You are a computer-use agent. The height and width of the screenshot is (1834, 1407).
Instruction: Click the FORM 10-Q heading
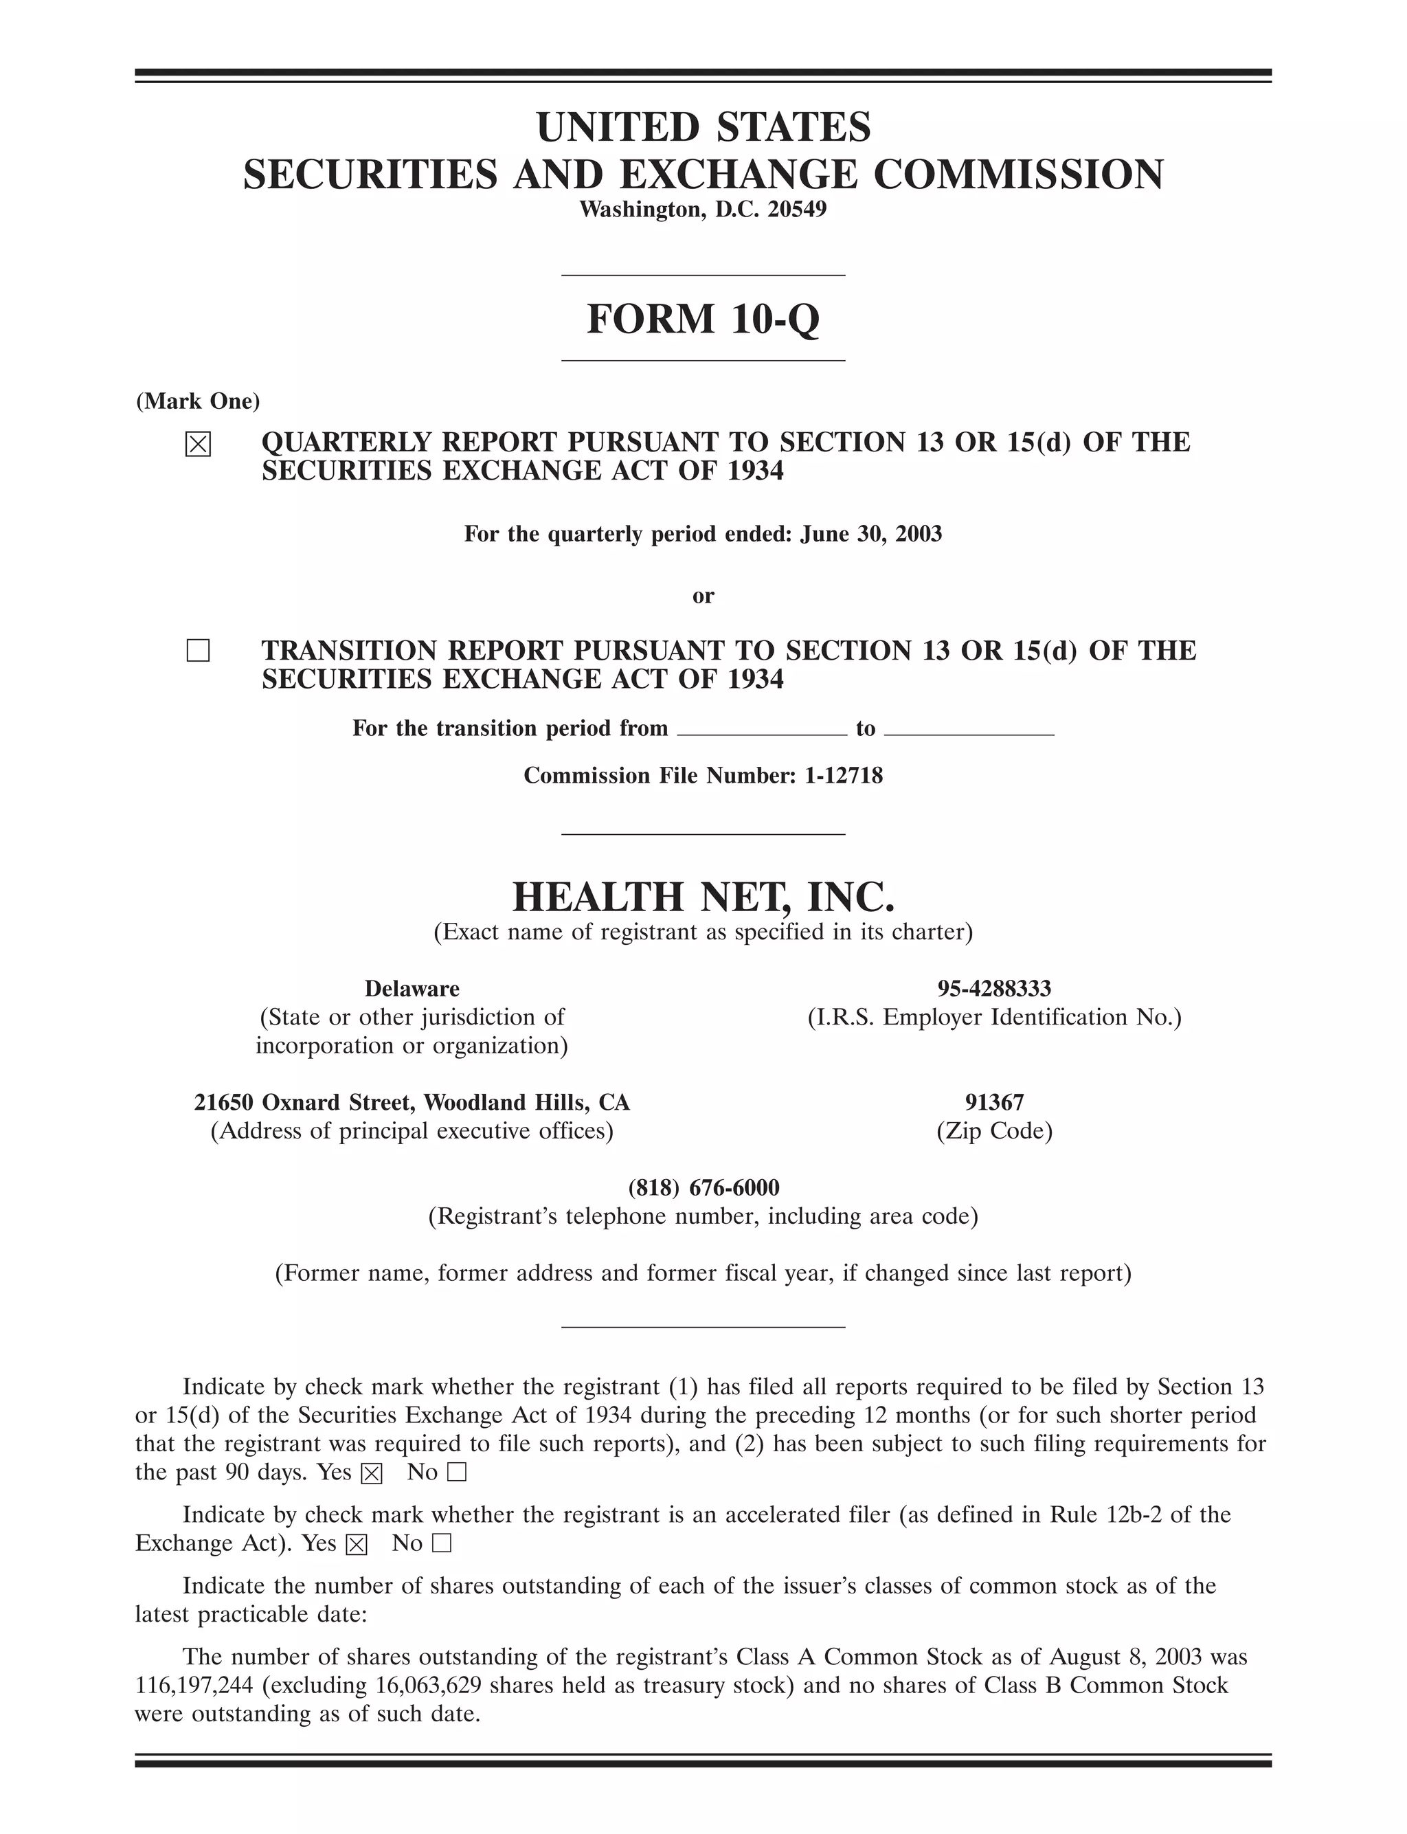point(703,319)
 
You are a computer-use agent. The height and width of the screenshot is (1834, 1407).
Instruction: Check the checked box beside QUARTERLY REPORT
point(198,444)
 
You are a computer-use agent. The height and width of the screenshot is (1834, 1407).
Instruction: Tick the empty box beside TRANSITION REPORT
point(198,651)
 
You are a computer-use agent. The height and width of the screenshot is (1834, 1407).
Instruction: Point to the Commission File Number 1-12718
point(844,776)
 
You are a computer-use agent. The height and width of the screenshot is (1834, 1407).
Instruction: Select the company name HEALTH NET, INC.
point(703,897)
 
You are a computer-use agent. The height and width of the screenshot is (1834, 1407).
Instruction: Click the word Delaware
point(412,989)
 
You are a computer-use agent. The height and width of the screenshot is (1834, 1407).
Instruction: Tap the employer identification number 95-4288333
point(994,989)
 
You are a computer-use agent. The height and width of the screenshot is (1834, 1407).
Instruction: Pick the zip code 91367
point(994,1102)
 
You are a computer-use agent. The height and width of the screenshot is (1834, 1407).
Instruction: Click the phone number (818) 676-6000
point(703,1187)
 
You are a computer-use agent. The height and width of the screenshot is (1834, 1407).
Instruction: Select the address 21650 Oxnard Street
point(306,1102)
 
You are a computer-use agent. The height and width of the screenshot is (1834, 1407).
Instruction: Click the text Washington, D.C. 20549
point(703,210)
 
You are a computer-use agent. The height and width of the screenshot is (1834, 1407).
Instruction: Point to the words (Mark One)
point(199,401)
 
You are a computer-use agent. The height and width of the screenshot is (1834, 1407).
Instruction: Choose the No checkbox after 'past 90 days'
point(456,1473)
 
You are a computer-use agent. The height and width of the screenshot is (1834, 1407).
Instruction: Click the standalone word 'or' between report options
point(703,596)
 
